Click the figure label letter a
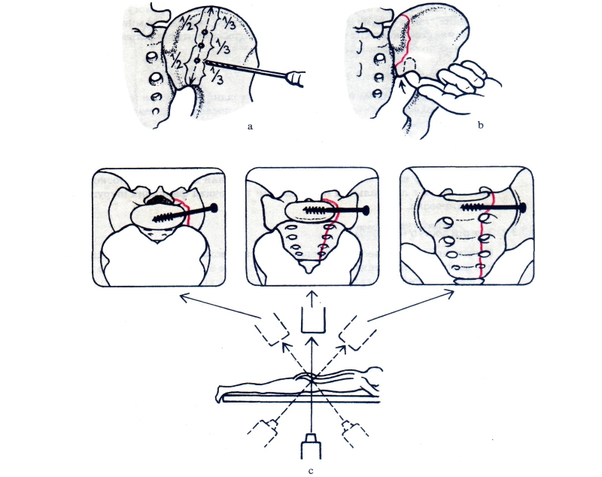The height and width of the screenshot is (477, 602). click(x=251, y=126)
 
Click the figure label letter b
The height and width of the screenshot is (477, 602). click(x=480, y=125)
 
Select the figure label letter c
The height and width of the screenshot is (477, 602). click(x=311, y=471)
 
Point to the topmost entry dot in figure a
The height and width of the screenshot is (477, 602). click(x=205, y=32)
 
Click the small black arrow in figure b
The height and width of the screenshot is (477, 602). click(x=403, y=88)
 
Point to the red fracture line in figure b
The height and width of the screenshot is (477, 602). click(x=405, y=39)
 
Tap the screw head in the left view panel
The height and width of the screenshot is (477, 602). click(x=214, y=208)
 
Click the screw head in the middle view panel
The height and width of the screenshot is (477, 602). click(x=366, y=210)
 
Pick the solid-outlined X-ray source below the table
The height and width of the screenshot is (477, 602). click(x=311, y=446)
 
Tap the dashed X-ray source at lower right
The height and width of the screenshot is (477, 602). click(x=354, y=433)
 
